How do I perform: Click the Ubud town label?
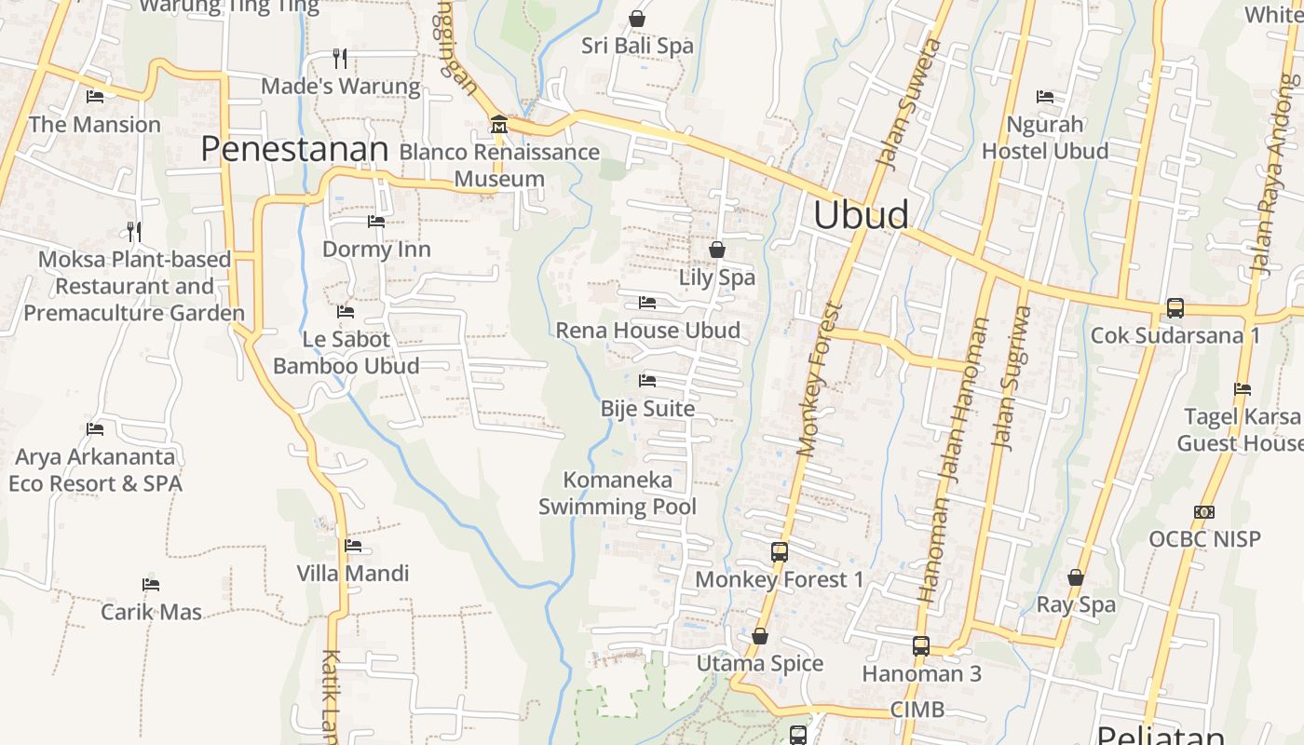coord(861,215)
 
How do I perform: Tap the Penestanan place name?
coord(294,149)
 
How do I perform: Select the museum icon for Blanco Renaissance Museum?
coord(498,124)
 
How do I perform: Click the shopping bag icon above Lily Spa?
coord(717,250)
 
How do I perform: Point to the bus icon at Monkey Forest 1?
coord(780,552)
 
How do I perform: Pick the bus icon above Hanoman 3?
coord(921,645)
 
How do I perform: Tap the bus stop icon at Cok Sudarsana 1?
coord(1175,307)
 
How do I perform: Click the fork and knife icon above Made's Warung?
coord(340,59)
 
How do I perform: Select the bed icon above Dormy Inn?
coord(376,222)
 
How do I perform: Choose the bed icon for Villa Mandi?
coord(353,546)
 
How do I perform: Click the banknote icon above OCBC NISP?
coord(1204,512)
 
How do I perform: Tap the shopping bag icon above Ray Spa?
coord(1076,577)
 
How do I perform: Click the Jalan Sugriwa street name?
coord(1013,377)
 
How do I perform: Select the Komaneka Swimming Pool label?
coord(618,494)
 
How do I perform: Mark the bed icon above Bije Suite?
coord(647,381)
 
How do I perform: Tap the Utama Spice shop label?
coord(760,663)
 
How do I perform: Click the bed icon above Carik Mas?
coord(151,585)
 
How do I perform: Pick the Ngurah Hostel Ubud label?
coord(1045,138)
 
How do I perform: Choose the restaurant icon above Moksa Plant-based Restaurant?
coord(134,231)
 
